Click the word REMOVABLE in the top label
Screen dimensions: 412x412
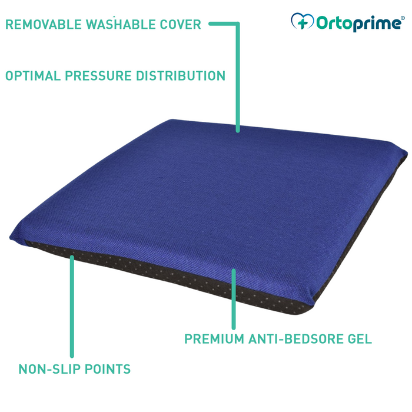pos(44,25)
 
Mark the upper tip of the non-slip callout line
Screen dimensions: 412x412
pos(72,257)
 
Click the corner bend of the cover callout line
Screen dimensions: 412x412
pos(238,24)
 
